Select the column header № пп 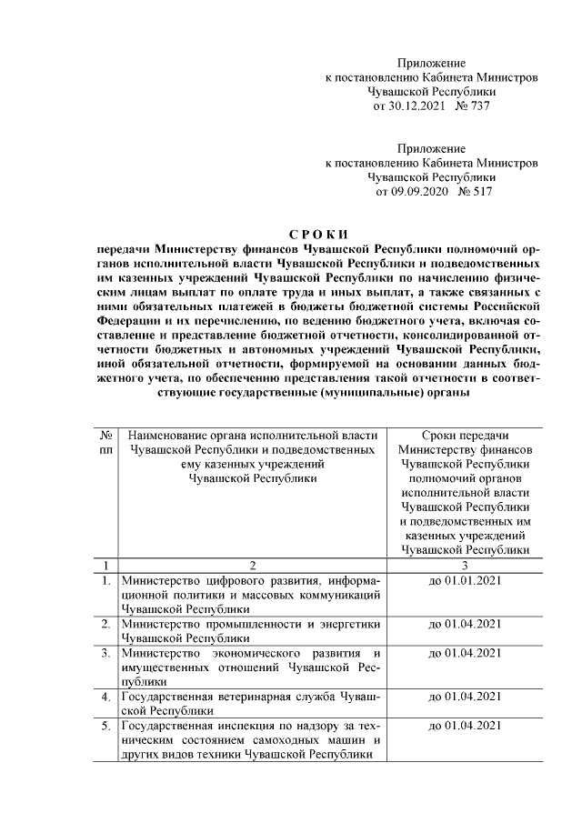pos(105,443)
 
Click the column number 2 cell pos(254,565)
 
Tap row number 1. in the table pos(106,579)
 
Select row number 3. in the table pos(106,653)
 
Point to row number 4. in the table pos(106,697)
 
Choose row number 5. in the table pos(106,726)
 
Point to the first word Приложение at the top pos(432,63)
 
